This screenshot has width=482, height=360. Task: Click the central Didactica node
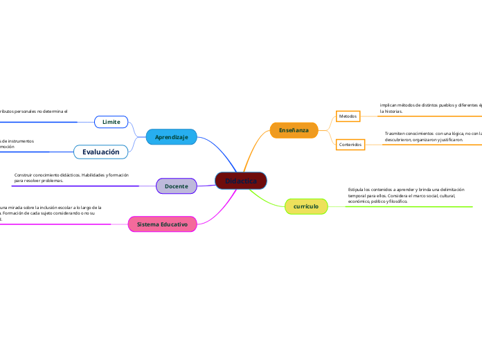[x=241, y=181]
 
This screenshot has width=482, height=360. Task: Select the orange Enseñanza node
[x=294, y=130]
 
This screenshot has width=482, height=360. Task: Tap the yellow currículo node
[x=306, y=206]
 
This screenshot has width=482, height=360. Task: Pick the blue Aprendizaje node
[x=172, y=137]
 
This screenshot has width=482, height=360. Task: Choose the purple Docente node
[x=176, y=186]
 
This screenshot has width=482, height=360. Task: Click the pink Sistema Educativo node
[x=162, y=224]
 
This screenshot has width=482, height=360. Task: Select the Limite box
[x=111, y=122]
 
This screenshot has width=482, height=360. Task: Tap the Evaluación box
[x=101, y=152]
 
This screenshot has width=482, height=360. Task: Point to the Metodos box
[x=348, y=116]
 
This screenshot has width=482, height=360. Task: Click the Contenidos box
[x=350, y=144]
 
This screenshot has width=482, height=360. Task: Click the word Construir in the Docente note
[x=25, y=175]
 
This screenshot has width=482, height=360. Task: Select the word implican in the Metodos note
[x=389, y=105]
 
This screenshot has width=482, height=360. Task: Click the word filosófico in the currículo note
[x=397, y=201]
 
